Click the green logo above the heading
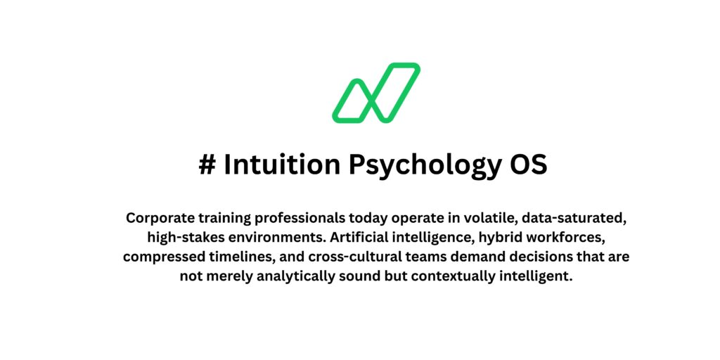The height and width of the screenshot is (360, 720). [x=376, y=92]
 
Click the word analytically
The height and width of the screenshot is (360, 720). [x=286, y=276]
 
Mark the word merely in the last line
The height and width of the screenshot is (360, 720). [x=226, y=276]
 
